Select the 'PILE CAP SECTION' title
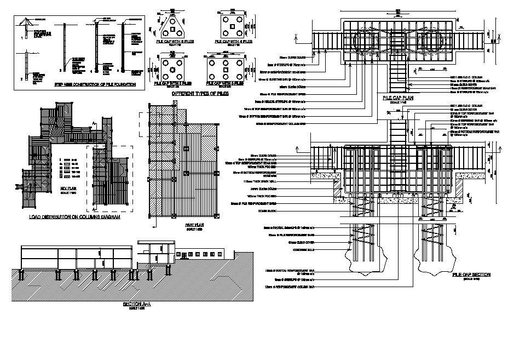pyautogui.click(x=471, y=275)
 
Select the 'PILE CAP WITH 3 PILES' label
pyautogui.click(x=173, y=41)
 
